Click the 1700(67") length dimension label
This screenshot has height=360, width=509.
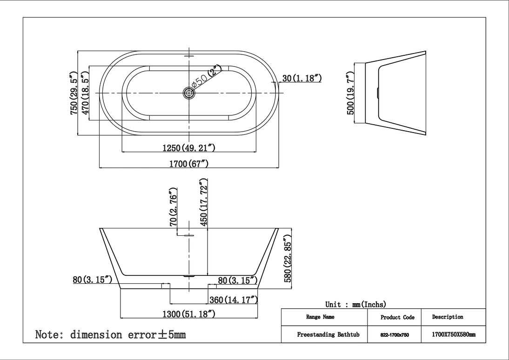(189, 163)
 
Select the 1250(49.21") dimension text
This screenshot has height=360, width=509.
(188, 148)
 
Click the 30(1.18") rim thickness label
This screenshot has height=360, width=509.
(302, 78)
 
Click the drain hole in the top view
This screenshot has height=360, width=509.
(189, 93)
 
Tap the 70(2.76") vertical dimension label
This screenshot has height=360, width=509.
(174, 207)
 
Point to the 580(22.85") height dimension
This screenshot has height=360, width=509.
(288, 262)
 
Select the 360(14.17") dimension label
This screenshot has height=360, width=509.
(234, 300)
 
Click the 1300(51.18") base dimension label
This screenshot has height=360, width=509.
(188, 314)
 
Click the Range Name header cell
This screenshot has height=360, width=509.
(320, 317)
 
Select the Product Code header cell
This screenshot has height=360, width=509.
(397, 317)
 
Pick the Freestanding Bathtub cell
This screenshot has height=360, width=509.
(324, 334)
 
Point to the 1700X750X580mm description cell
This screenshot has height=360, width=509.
(453, 334)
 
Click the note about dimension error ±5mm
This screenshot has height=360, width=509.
(111, 334)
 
